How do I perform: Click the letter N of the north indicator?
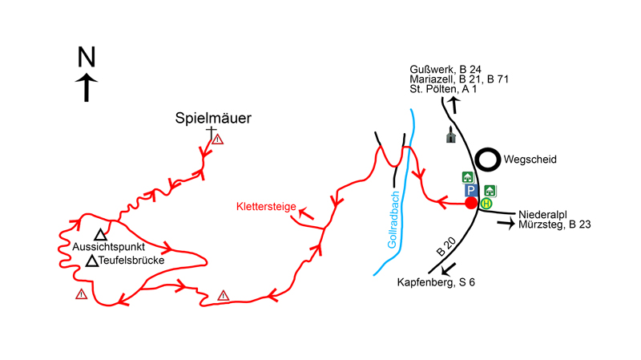pos(87,57)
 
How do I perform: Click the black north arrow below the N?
pos(87,87)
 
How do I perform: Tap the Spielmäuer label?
pos(213,119)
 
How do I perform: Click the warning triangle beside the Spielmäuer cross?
pos(218,140)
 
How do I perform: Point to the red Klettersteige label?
pos(266,207)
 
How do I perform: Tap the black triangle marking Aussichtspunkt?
pos(100,235)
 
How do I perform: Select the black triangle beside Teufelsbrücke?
pos(92,261)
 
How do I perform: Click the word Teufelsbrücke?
pos(133,261)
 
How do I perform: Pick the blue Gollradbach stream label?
pos(393,224)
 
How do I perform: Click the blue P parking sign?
pos(471,191)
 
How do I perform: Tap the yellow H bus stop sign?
pos(486,204)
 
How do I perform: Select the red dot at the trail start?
pos(471,202)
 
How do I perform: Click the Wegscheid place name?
pos(530,160)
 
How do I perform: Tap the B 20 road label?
pos(445,247)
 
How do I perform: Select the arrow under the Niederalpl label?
pos(506,225)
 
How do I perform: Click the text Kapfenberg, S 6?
pos(437,282)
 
